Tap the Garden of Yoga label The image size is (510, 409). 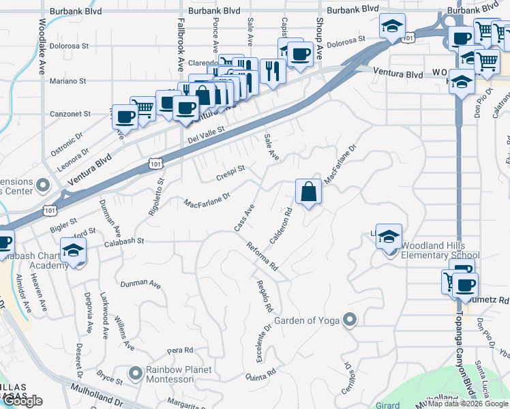click(307, 320)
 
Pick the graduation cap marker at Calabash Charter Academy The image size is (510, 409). click(73, 251)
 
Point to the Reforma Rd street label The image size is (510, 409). click(262, 256)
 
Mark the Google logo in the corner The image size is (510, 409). click(22, 401)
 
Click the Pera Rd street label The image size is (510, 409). click(176, 350)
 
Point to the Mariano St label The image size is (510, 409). click(67, 80)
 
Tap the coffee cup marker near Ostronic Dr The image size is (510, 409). click(124, 117)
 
